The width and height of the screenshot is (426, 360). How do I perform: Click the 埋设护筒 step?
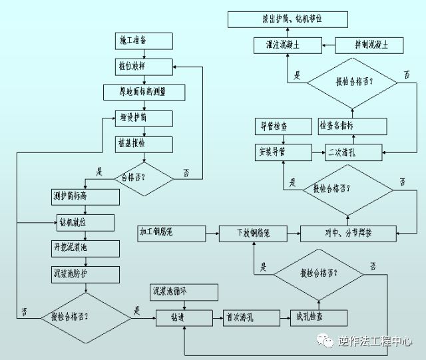click(x=144, y=118)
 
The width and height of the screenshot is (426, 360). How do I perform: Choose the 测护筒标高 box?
click(x=85, y=197)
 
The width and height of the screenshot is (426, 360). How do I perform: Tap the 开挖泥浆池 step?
click(x=85, y=248)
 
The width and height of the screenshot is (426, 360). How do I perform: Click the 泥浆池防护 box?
click(x=85, y=273)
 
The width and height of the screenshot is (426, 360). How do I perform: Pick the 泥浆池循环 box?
click(x=183, y=292)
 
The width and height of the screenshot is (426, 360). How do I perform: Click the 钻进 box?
click(x=178, y=317)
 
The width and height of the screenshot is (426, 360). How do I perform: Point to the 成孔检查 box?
click(x=310, y=317)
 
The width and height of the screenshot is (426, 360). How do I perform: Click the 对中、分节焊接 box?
click(x=347, y=234)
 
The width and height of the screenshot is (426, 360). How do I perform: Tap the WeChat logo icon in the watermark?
click(x=327, y=341)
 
